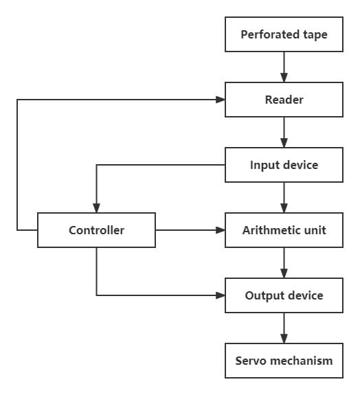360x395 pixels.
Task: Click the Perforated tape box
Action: tap(284, 34)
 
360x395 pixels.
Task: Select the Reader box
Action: tap(284, 100)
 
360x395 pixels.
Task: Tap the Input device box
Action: tap(284, 165)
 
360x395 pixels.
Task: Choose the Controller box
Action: tap(96, 230)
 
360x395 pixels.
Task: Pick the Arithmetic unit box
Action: tap(284, 230)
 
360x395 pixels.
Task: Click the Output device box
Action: tap(284, 295)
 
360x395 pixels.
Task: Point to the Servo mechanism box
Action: tap(284, 361)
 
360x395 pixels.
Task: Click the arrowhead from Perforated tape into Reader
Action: tap(284, 78)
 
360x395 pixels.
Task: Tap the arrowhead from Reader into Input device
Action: tap(284, 143)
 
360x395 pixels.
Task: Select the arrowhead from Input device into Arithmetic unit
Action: tap(284, 208)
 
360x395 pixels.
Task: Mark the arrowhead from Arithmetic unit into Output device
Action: tap(284, 273)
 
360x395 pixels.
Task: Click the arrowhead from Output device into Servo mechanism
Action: tap(284, 339)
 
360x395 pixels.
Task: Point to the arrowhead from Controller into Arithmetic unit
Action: tap(221, 230)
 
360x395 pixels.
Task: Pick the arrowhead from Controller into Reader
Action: tap(221, 100)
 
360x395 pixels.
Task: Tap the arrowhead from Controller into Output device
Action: tap(221, 295)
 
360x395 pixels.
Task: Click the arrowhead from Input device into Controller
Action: tap(96, 208)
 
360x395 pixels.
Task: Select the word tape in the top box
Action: tap(315, 35)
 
